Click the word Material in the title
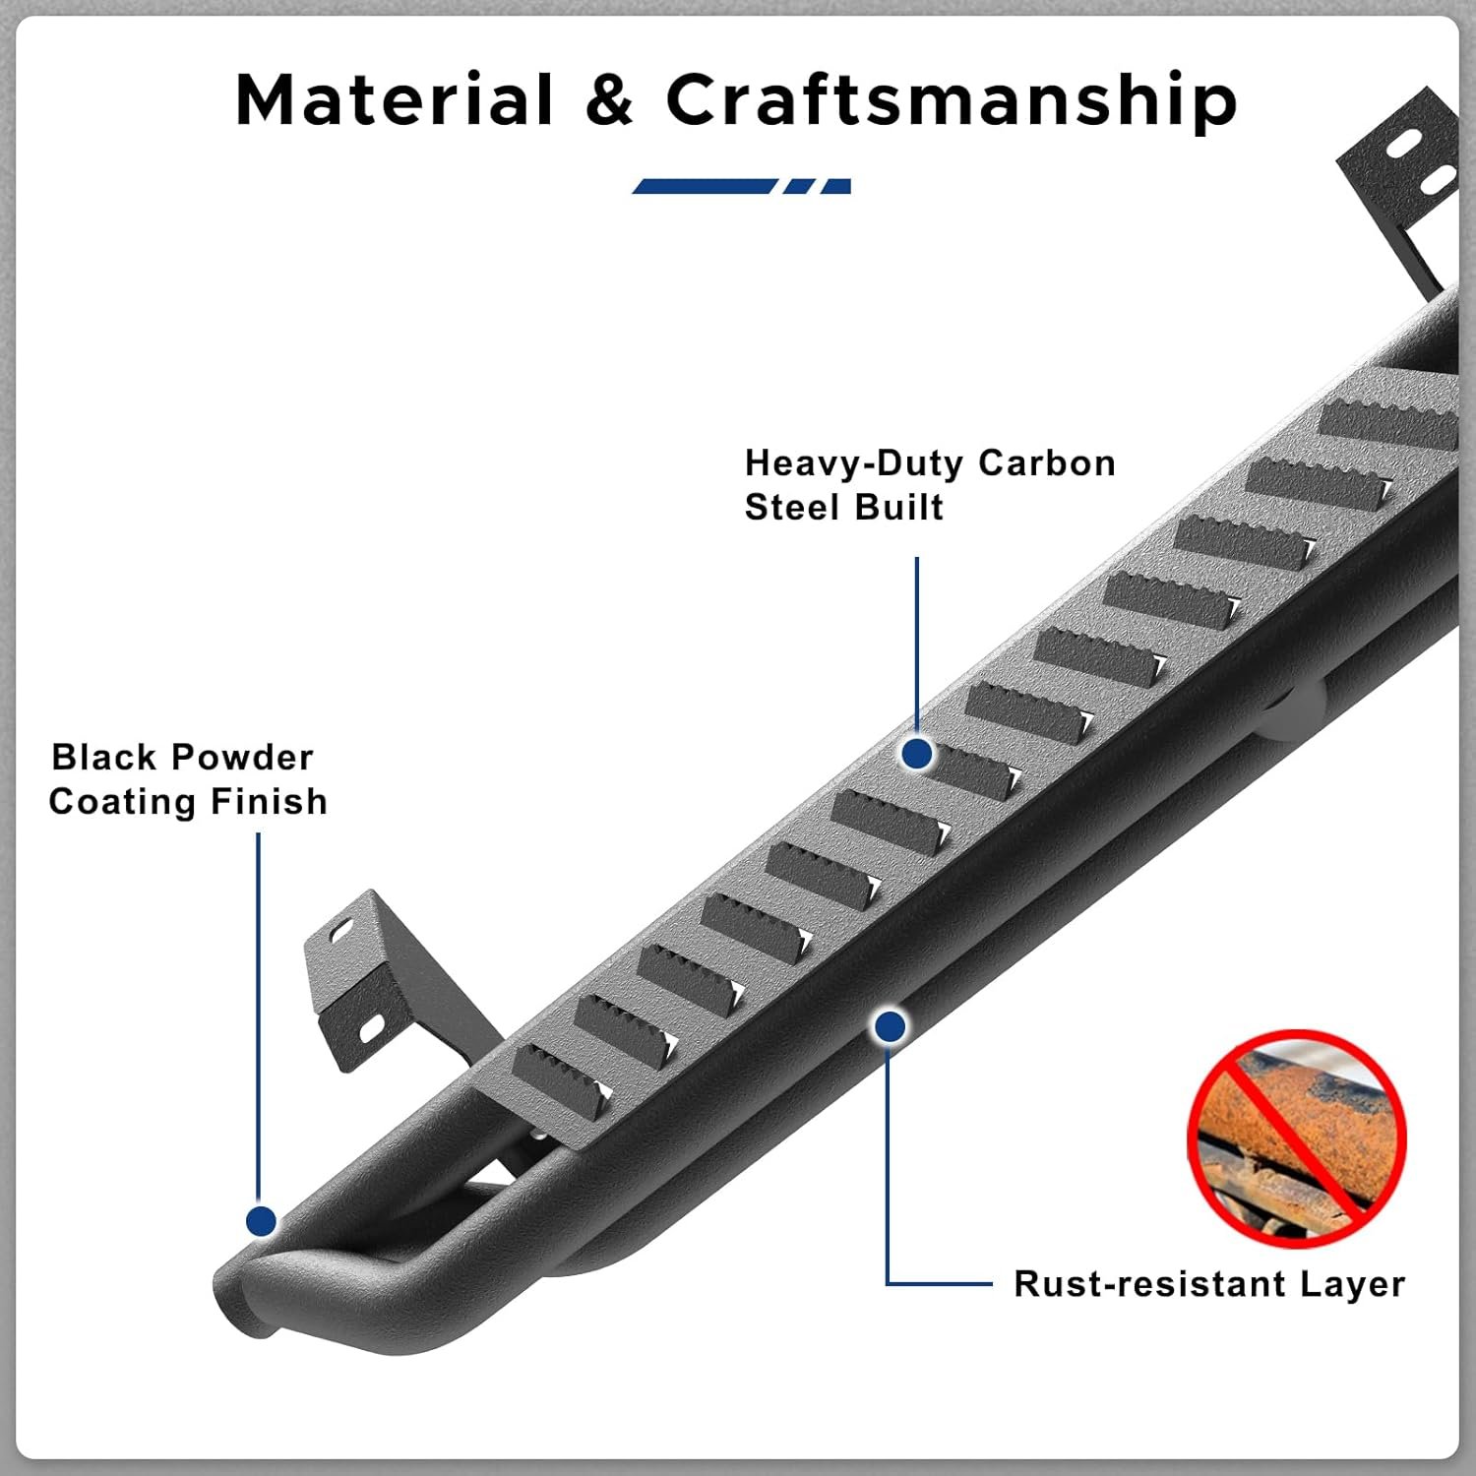(x=395, y=100)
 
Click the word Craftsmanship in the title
(x=951, y=102)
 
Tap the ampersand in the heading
(x=609, y=101)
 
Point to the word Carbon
(x=1047, y=462)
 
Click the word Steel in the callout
(x=791, y=507)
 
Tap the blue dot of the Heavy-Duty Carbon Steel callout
(x=917, y=754)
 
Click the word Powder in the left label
(x=252, y=757)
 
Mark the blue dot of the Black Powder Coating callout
(x=261, y=1221)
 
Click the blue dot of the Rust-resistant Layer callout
(x=890, y=1027)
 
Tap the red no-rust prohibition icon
(x=1297, y=1138)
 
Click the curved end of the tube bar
(x=246, y=1299)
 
